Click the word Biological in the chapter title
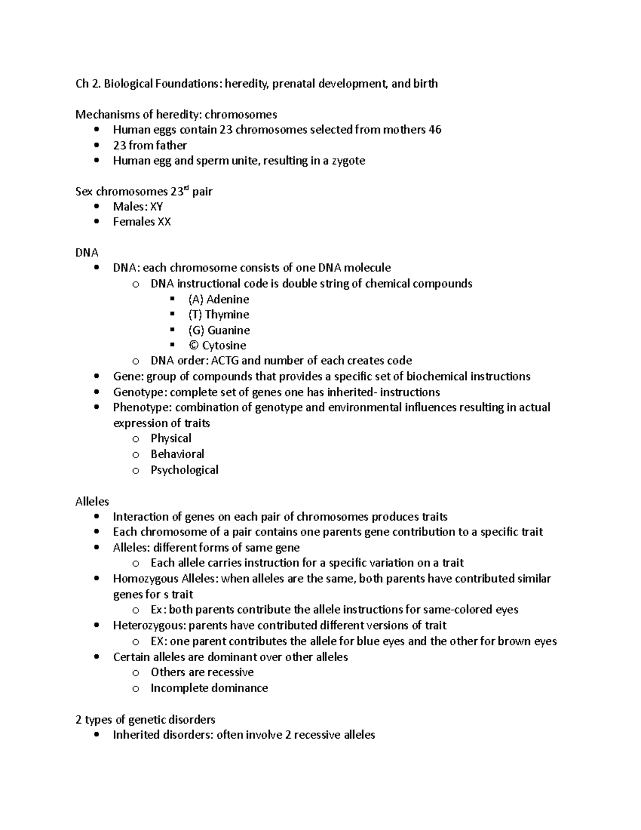128,84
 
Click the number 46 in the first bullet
435,130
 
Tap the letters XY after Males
157,207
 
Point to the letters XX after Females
163,222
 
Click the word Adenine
228,299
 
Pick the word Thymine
227,315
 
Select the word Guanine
229,330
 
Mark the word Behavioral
177,454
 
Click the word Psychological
184,470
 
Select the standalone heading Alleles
92,502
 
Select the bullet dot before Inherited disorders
96,735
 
